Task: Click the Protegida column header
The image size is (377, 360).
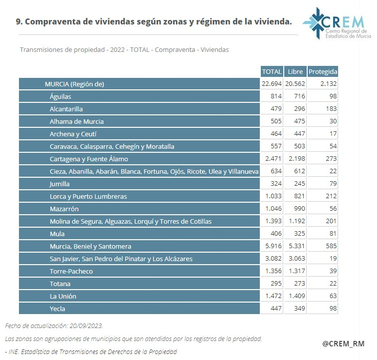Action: [323, 71]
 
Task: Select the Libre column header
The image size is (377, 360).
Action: [295, 71]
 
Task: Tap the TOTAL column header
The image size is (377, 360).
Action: [272, 71]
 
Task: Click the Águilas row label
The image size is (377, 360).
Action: [60, 96]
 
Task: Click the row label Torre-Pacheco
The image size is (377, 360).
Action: [71, 271]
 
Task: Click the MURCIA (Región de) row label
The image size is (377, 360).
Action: [74, 84]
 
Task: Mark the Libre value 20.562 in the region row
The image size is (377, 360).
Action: [295, 84]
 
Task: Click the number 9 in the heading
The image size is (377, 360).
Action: [18, 21]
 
